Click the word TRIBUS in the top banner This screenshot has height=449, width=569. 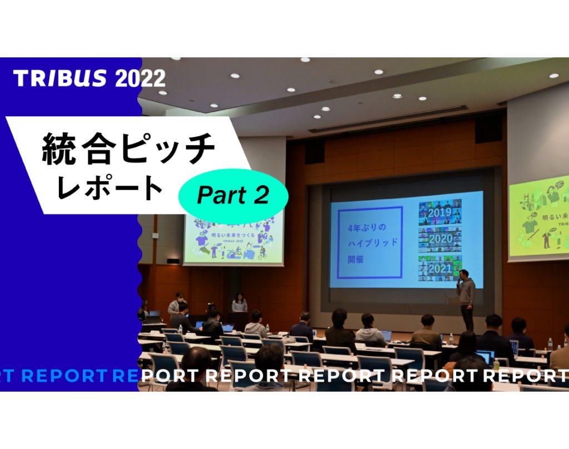pyautogui.click(x=60, y=78)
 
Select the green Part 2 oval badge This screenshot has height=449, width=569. pyautogui.click(x=233, y=195)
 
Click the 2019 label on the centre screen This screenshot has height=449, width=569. pyautogui.click(x=439, y=212)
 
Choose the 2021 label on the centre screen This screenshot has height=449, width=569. pyautogui.click(x=439, y=268)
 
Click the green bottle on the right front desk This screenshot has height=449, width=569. pyautogui.click(x=496, y=365)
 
